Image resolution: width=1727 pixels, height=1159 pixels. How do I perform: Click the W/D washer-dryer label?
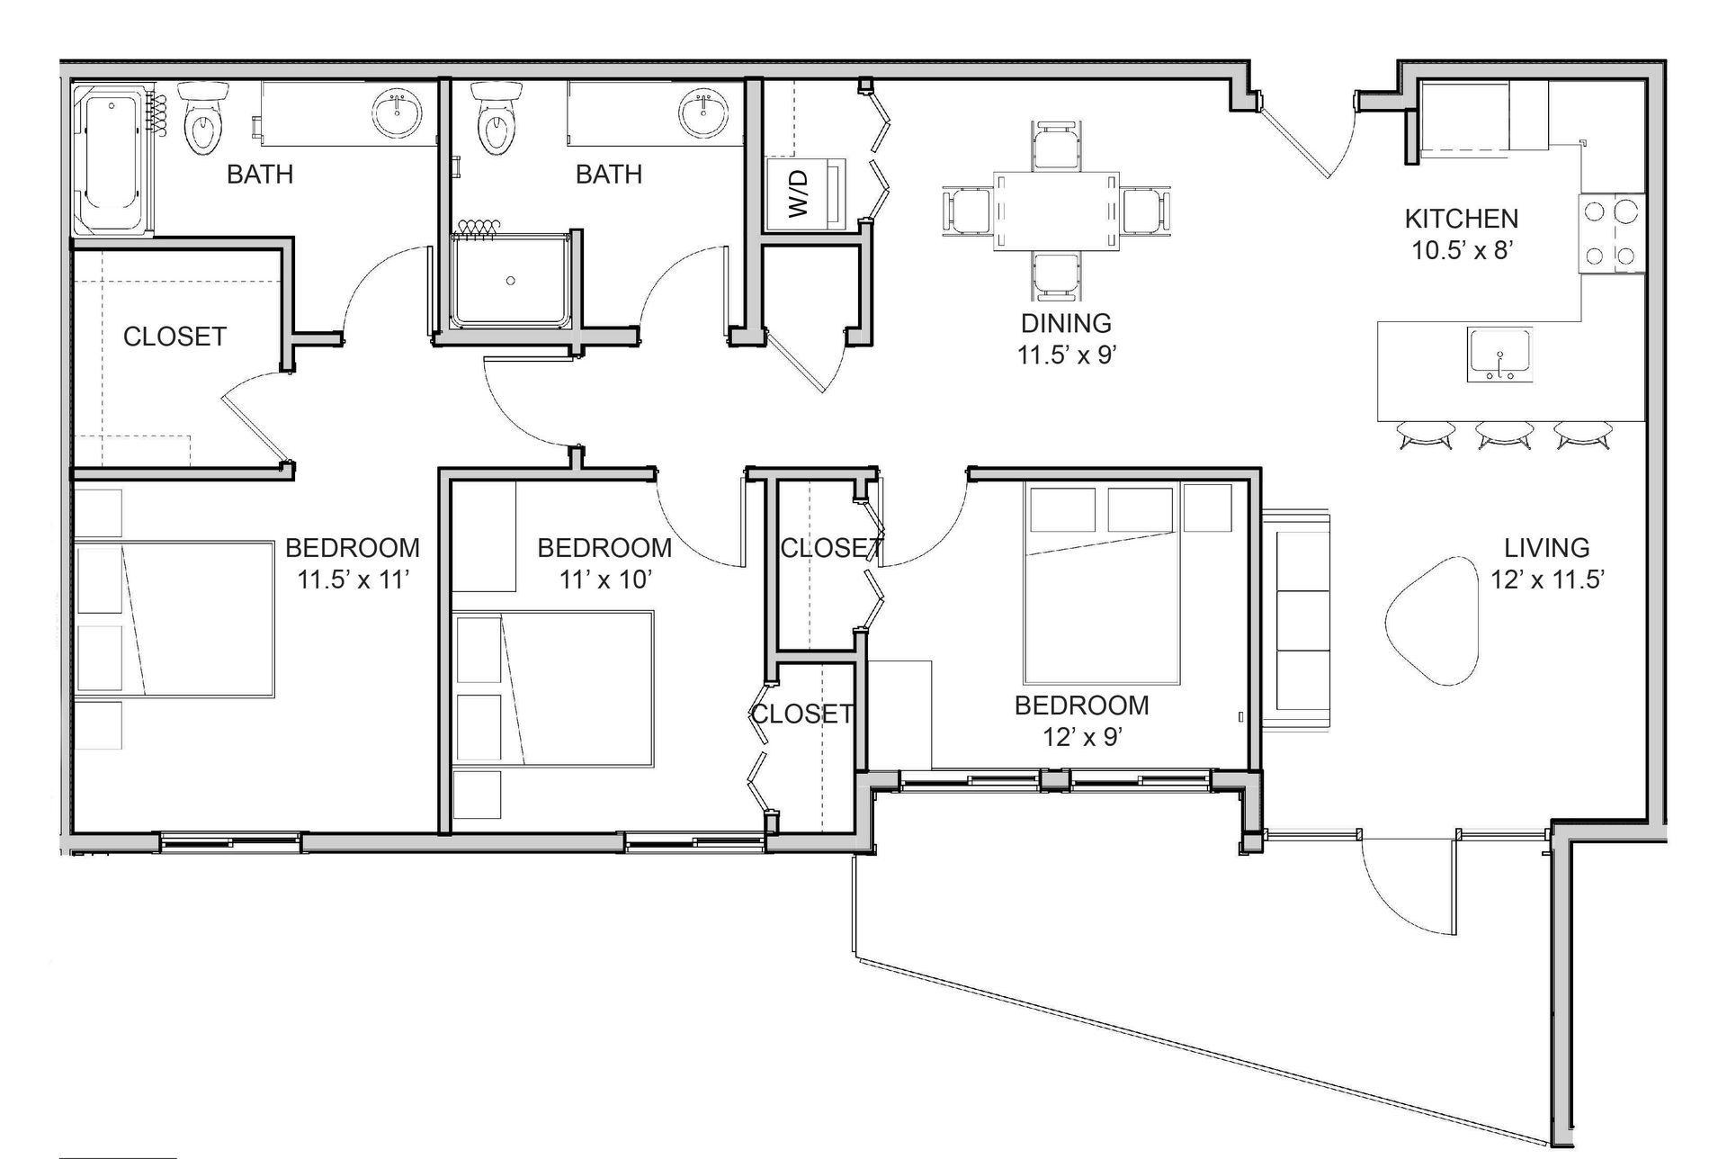tap(799, 194)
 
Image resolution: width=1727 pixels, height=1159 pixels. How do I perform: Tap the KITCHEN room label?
tap(1462, 219)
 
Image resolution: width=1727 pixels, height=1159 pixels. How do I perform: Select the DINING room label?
tap(1066, 323)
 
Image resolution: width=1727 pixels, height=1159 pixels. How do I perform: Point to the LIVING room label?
tap(1547, 547)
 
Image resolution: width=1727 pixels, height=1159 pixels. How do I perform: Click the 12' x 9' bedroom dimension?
tap(1081, 737)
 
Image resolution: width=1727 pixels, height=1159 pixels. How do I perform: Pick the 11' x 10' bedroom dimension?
tap(605, 579)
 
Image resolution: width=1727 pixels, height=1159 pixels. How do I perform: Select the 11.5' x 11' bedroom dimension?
tap(353, 579)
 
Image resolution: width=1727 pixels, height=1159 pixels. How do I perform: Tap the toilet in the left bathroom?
tap(202, 117)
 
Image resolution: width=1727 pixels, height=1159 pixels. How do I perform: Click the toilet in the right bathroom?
tap(494, 117)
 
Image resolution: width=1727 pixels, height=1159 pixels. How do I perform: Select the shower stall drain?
tap(511, 281)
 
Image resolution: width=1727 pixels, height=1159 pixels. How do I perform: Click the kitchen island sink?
tap(1499, 354)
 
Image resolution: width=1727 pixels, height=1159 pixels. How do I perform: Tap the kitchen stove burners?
tap(1611, 233)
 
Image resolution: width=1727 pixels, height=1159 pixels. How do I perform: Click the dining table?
tap(1057, 212)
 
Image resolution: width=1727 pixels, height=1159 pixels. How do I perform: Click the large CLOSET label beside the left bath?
tap(174, 337)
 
